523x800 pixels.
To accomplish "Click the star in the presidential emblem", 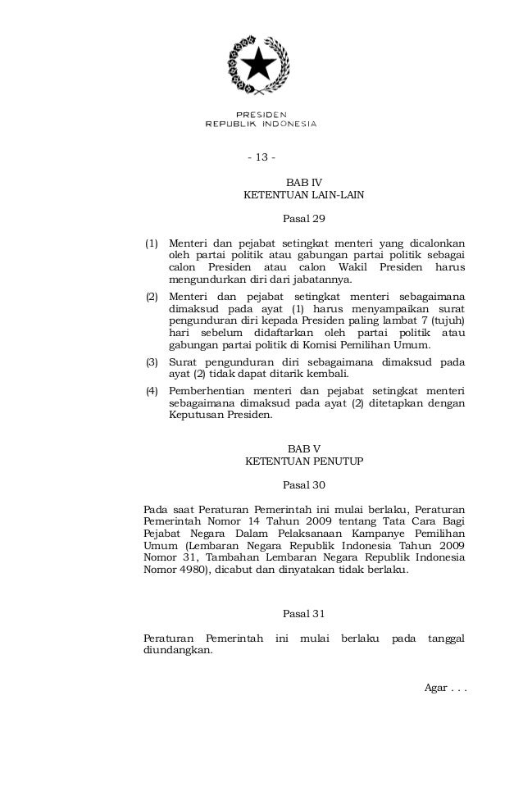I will click(x=260, y=63).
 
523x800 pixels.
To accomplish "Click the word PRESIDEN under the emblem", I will click(x=261, y=114).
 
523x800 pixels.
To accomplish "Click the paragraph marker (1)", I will click(x=152, y=243).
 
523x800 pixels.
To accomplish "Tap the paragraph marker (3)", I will click(x=152, y=361).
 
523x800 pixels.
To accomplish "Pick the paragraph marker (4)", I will click(x=152, y=390).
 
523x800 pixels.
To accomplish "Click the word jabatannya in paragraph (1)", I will click(x=331, y=280).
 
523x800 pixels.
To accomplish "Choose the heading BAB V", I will click(x=303, y=448).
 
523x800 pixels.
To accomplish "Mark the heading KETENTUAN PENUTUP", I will click(x=303, y=461).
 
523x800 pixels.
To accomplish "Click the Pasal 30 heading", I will click(x=303, y=484).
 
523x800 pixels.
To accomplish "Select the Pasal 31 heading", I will click(x=303, y=613).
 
